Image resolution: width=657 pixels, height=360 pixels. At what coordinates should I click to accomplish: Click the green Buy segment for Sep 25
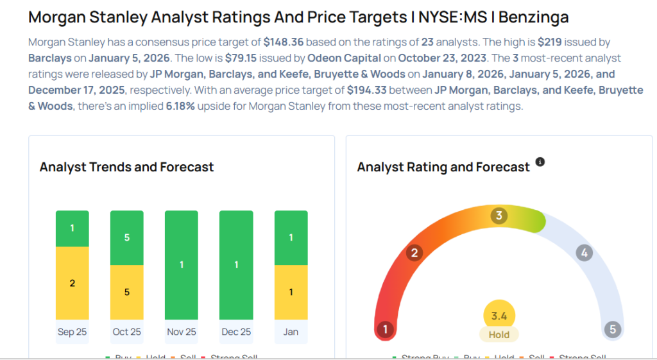point(73,228)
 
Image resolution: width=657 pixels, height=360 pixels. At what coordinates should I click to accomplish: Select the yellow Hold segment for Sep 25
point(73,283)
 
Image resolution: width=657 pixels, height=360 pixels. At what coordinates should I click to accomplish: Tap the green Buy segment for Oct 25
point(127,237)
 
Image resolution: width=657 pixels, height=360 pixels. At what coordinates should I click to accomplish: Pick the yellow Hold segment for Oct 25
point(127,292)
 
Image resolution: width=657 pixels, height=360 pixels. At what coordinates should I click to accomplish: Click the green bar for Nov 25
point(182,264)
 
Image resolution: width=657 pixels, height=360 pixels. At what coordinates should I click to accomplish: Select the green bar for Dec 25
point(236,264)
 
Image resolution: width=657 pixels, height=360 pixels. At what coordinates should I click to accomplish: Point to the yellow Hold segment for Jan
point(291,292)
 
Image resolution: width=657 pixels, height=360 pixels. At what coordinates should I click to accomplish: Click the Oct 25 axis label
point(127,332)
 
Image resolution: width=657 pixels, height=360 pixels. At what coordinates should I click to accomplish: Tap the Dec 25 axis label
point(236,332)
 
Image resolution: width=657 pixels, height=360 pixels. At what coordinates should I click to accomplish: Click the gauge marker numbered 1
point(385,330)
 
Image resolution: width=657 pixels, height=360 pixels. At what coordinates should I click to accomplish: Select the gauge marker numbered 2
point(414,253)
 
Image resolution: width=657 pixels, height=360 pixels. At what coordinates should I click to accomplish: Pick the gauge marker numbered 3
point(499,216)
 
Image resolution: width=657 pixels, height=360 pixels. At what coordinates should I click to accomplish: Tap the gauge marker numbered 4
point(584,253)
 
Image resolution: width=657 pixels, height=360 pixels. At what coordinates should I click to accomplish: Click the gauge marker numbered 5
point(613,330)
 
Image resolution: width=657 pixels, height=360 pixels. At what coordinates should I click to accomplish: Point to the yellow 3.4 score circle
point(499,315)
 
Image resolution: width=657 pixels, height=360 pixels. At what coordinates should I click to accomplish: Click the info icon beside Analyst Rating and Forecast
point(540,162)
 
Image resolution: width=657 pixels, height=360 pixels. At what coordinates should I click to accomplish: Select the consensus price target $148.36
point(284,42)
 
